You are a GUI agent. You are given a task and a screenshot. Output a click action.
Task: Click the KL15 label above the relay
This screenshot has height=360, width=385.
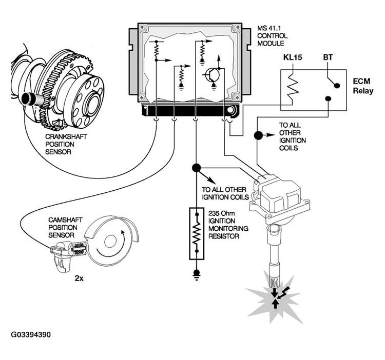pos(293,57)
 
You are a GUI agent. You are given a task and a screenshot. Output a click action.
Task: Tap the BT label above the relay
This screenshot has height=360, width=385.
pos(328,57)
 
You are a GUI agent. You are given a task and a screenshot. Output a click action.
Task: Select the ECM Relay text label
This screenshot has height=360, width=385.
pos(363,86)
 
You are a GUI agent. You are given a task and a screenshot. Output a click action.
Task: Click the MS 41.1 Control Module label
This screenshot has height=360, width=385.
pos(272,36)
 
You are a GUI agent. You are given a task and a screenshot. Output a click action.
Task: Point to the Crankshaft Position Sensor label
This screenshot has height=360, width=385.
pos(66,144)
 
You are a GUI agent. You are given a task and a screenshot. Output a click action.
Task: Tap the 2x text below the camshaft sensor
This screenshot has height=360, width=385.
pos(79,278)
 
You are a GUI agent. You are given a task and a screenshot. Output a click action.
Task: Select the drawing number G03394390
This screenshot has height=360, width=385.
pos(31,335)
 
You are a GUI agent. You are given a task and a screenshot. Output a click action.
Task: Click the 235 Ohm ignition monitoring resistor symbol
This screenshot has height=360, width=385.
pos(197,233)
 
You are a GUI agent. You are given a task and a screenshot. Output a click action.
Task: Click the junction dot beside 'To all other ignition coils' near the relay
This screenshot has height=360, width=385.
pos(258,135)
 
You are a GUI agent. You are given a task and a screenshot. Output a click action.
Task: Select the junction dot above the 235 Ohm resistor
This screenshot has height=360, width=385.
pos(196,168)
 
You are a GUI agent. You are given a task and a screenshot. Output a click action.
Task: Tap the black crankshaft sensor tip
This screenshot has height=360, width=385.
pos(26,98)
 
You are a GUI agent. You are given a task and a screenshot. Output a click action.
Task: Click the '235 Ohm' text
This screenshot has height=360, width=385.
pos(221,213)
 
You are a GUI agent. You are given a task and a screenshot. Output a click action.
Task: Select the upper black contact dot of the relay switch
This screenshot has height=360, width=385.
pos(337,85)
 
